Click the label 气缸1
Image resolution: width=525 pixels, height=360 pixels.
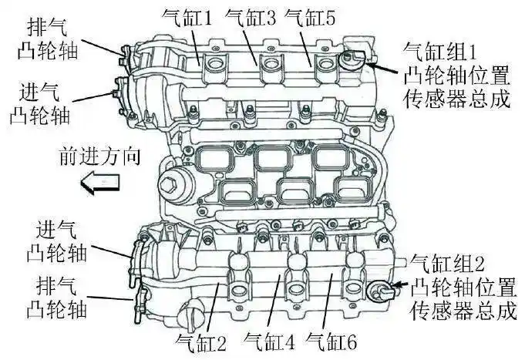coord(187,18)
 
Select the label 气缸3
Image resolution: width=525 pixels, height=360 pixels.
coord(251,18)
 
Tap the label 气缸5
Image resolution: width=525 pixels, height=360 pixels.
coord(310,18)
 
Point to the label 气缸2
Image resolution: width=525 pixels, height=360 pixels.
coord(200,342)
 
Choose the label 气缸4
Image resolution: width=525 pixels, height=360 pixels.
coord(270,341)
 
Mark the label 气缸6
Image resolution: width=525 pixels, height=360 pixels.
coord(331,341)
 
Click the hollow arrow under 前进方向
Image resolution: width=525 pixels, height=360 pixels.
coord(100,183)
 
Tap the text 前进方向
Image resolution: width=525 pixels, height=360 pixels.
coord(99,156)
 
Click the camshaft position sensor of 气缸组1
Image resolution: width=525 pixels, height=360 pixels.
coord(351,59)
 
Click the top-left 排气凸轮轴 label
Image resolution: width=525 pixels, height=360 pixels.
coord(47,39)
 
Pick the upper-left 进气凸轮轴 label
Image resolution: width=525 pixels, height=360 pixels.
coord(39,104)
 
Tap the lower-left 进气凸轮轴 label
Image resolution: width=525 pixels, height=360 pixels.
coord(56,241)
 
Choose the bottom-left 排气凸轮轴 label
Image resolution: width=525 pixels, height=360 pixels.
coord(56,298)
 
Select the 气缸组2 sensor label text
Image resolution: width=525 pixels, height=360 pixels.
coord(463,287)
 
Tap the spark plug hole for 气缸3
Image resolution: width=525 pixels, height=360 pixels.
coord(270,64)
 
